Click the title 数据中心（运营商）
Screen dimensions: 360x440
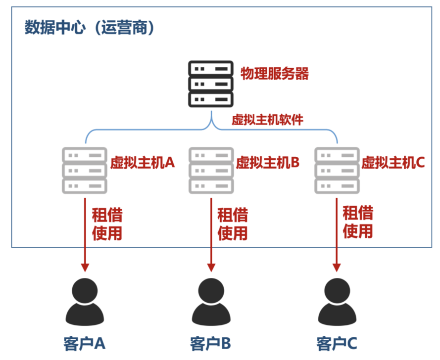tap(90, 28)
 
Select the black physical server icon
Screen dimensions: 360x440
tap(211, 84)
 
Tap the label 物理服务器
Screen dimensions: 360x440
tap(275, 74)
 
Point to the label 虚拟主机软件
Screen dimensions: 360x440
tap(267, 120)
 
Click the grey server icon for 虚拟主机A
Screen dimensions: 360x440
tap(85, 170)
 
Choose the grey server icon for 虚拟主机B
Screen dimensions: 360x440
tap(211, 170)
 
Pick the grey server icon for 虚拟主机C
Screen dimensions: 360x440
tap(337, 170)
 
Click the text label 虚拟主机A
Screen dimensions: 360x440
tap(143, 163)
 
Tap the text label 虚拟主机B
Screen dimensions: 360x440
tap(268, 163)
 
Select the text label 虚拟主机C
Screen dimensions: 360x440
tap(393, 163)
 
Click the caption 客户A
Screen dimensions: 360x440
tap(85, 343)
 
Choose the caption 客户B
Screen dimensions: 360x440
tap(211, 343)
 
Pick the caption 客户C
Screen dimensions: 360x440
tap(337, 343)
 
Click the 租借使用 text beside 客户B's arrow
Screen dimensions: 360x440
tap(233, 224)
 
